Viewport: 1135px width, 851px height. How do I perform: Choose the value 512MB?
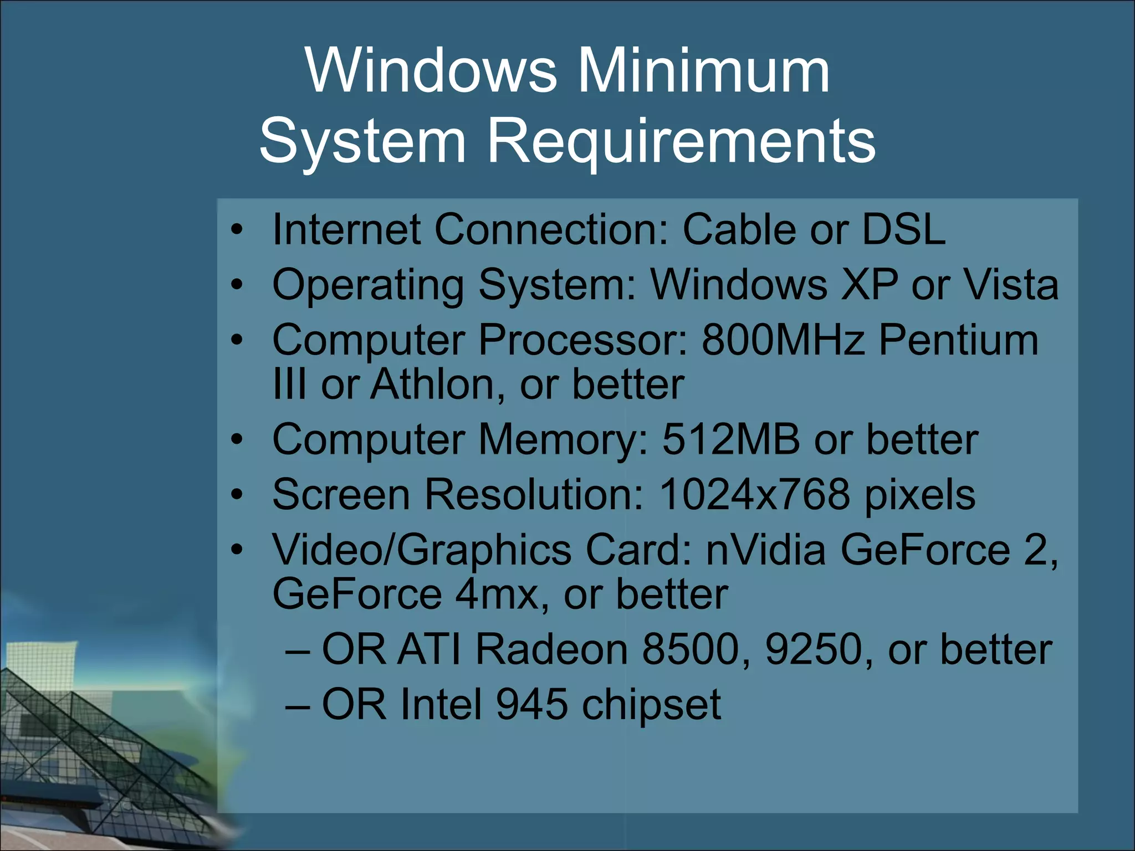[x=731, y=439]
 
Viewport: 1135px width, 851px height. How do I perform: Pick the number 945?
[x=531, y=704]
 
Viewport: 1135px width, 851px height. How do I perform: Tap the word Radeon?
[x=551, y=649]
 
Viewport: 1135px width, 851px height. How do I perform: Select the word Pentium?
[x=958, y=340]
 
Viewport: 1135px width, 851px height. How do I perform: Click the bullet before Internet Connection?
[x=237, y=229]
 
